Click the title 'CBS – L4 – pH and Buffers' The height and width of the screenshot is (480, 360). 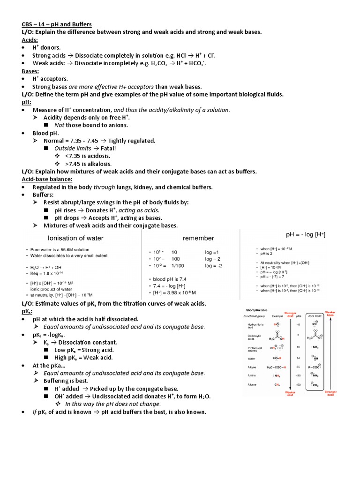tap(57, 24)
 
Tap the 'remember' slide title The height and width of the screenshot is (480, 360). tap(198, 238)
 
